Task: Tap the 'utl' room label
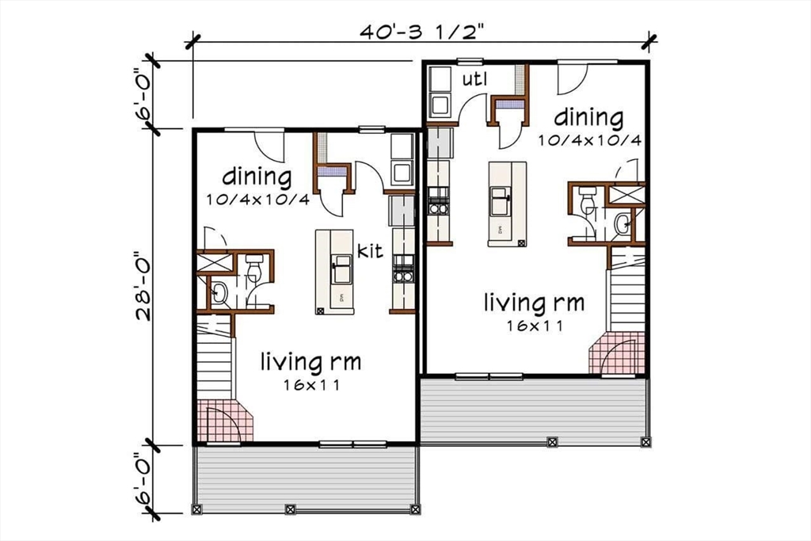coord(474,79)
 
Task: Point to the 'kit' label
coord(370,251)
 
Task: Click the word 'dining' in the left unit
coord(256,176)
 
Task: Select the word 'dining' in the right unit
coord(588,118)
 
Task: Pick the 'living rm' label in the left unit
coord(311,363)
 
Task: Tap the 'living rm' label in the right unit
coord(535,303)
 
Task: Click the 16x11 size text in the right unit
coord(535,325)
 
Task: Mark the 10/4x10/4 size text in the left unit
coord(257,200)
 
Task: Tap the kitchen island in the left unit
coord(334,271)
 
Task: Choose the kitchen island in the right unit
coord(507,204)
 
